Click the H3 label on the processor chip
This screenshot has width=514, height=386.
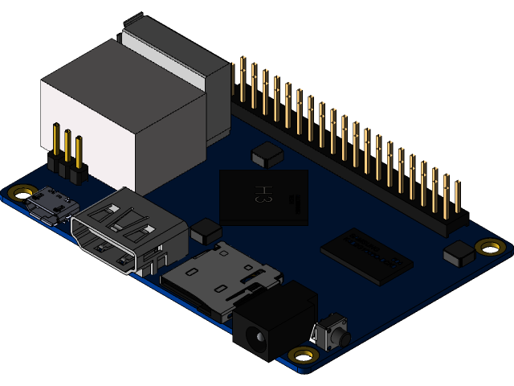(x=262, y=194)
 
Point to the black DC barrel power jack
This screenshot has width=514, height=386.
(x=273, y=318)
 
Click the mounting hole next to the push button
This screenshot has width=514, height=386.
(x=303, y=355)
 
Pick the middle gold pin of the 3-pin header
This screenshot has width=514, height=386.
(x=67, y=149)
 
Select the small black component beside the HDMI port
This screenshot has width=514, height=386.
(x=206, y=232)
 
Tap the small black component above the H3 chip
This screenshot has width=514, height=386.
(x=266, y=154)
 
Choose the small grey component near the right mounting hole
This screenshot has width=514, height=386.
(x=459, y=254)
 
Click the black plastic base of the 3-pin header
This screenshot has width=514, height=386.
(x=67, y=169)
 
